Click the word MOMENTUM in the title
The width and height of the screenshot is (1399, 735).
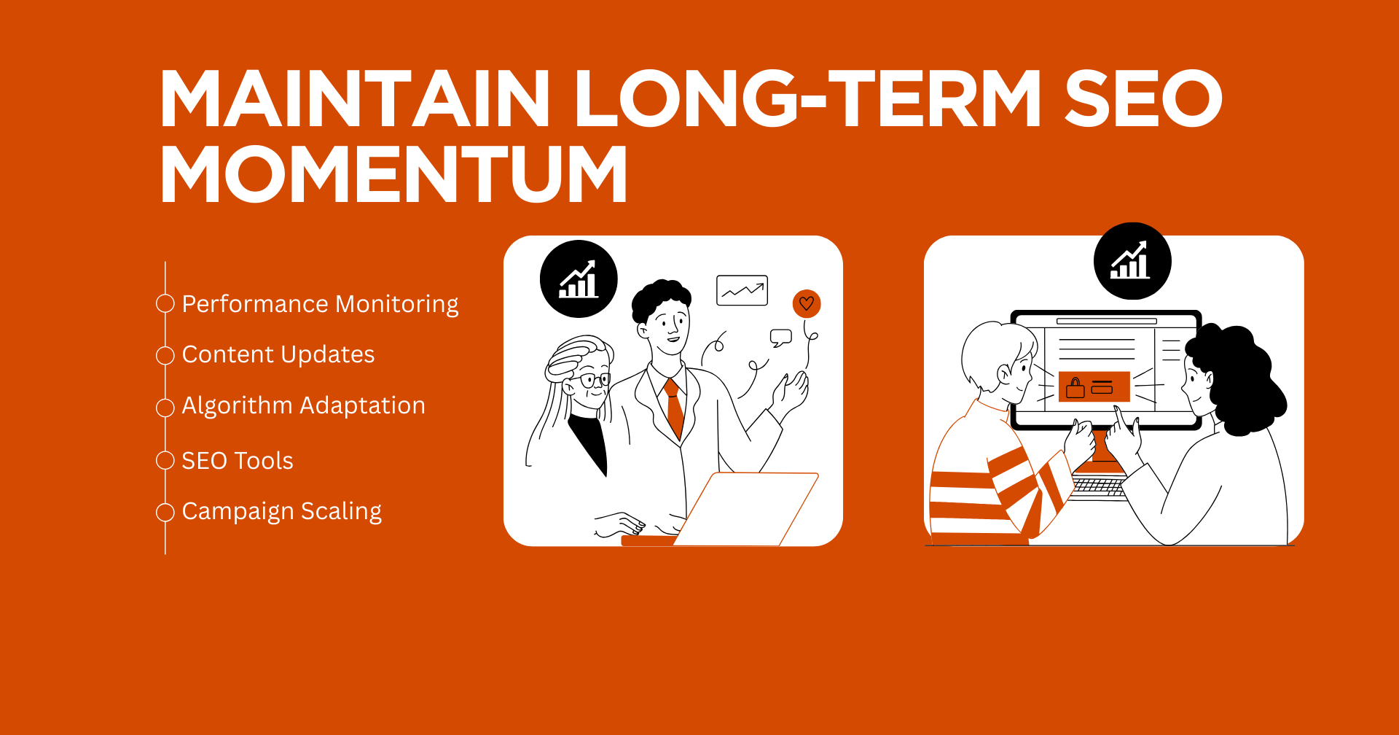tap(393, 174)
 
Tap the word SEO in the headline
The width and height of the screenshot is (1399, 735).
tap(1143, 98)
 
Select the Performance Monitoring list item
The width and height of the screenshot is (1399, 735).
tap(320, 304)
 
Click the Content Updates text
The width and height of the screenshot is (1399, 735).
tap(278, 354)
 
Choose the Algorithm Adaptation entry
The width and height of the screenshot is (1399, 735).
tap(303, 405)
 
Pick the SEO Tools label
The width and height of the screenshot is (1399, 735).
tap(238, 460)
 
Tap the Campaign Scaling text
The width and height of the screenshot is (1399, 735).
tap(282, 512)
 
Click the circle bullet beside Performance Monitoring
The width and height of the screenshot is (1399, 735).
tap(165, 303)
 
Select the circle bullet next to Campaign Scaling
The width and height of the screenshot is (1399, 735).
tap(165, 513)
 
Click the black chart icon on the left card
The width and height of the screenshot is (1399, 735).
tap(579, 279)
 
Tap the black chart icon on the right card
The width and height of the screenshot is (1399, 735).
tap(1132, 261)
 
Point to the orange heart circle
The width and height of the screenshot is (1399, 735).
tap(807, 303)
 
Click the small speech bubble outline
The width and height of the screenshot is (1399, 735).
tap(781, 338)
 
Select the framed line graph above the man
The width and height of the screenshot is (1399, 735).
tap(742, 290)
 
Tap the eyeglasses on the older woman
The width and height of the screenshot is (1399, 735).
tap(595, 380)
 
